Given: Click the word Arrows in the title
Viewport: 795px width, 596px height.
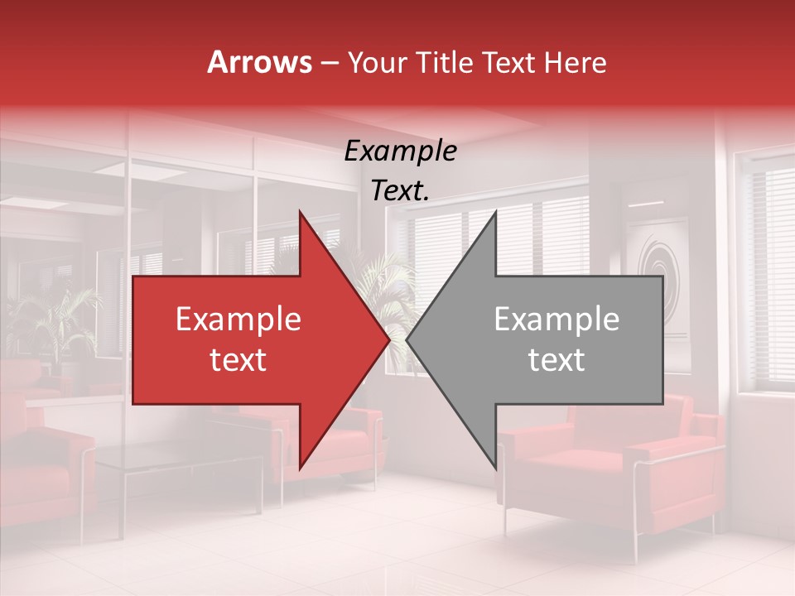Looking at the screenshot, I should point(260,62).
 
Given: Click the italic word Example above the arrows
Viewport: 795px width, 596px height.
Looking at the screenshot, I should point(400,151).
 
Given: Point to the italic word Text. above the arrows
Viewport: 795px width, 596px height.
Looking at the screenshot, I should point(400,190).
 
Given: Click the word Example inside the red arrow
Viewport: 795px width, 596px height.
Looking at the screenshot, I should point(238,320).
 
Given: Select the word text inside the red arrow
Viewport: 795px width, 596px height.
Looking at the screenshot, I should point(238,360).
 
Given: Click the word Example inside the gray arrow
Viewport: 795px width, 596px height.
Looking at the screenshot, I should point(556,320).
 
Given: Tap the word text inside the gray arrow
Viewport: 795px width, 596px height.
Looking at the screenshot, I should point(556,360).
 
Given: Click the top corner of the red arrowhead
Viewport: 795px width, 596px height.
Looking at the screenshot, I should point(300,214).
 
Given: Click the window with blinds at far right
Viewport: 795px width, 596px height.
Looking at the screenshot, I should point(766,265).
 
